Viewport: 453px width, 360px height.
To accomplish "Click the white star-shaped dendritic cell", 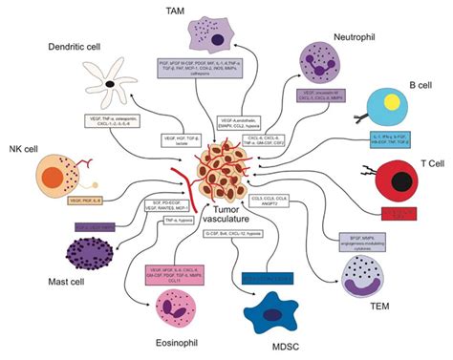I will pyautogui.click(x=113, y=84).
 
